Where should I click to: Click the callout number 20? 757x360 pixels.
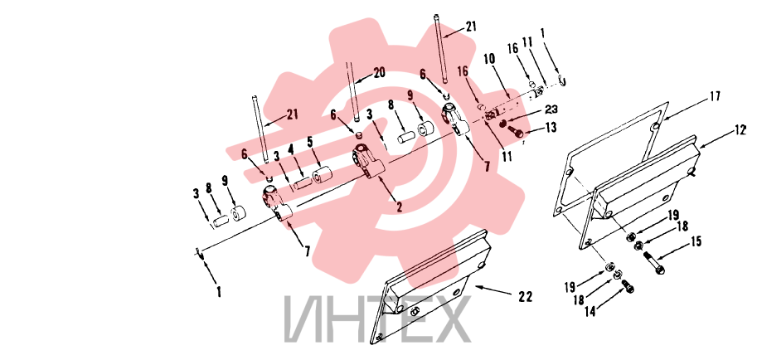[380, 72]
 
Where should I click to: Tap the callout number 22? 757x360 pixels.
[525, 297]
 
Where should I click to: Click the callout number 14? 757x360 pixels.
[590, 312]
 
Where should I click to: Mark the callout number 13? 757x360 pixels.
[550, 127]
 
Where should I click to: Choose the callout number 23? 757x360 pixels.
[551, 109]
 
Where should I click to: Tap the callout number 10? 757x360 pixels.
[489, 60]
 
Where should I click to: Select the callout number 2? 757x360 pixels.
[400, 207]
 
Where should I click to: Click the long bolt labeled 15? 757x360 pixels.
[654, 263]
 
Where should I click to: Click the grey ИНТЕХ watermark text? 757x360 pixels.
[377, 319]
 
